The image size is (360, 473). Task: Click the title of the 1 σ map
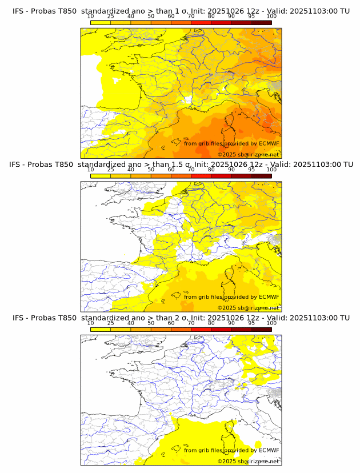[180, 11]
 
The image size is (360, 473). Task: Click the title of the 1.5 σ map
[180, 164]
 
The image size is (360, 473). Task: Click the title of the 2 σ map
[180, 317]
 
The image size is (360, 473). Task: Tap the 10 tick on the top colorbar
[90, 17]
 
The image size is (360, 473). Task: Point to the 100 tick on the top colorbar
[271, 17]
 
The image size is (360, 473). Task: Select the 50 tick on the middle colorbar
[151, 170]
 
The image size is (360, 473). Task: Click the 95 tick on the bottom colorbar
[251, 323]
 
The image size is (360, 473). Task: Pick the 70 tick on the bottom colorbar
[191, 323]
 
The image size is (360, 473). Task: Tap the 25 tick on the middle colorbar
[110, 170]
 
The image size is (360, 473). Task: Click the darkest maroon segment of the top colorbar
[261, 22]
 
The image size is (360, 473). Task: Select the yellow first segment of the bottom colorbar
[100, 328]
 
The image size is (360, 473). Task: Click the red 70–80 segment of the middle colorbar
[201, 175]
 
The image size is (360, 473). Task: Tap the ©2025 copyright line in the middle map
[248, 307]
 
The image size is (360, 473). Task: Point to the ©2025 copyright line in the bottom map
[248, 461]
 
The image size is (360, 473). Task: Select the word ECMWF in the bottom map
[269, 450]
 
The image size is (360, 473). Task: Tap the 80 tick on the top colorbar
[211, 17]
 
